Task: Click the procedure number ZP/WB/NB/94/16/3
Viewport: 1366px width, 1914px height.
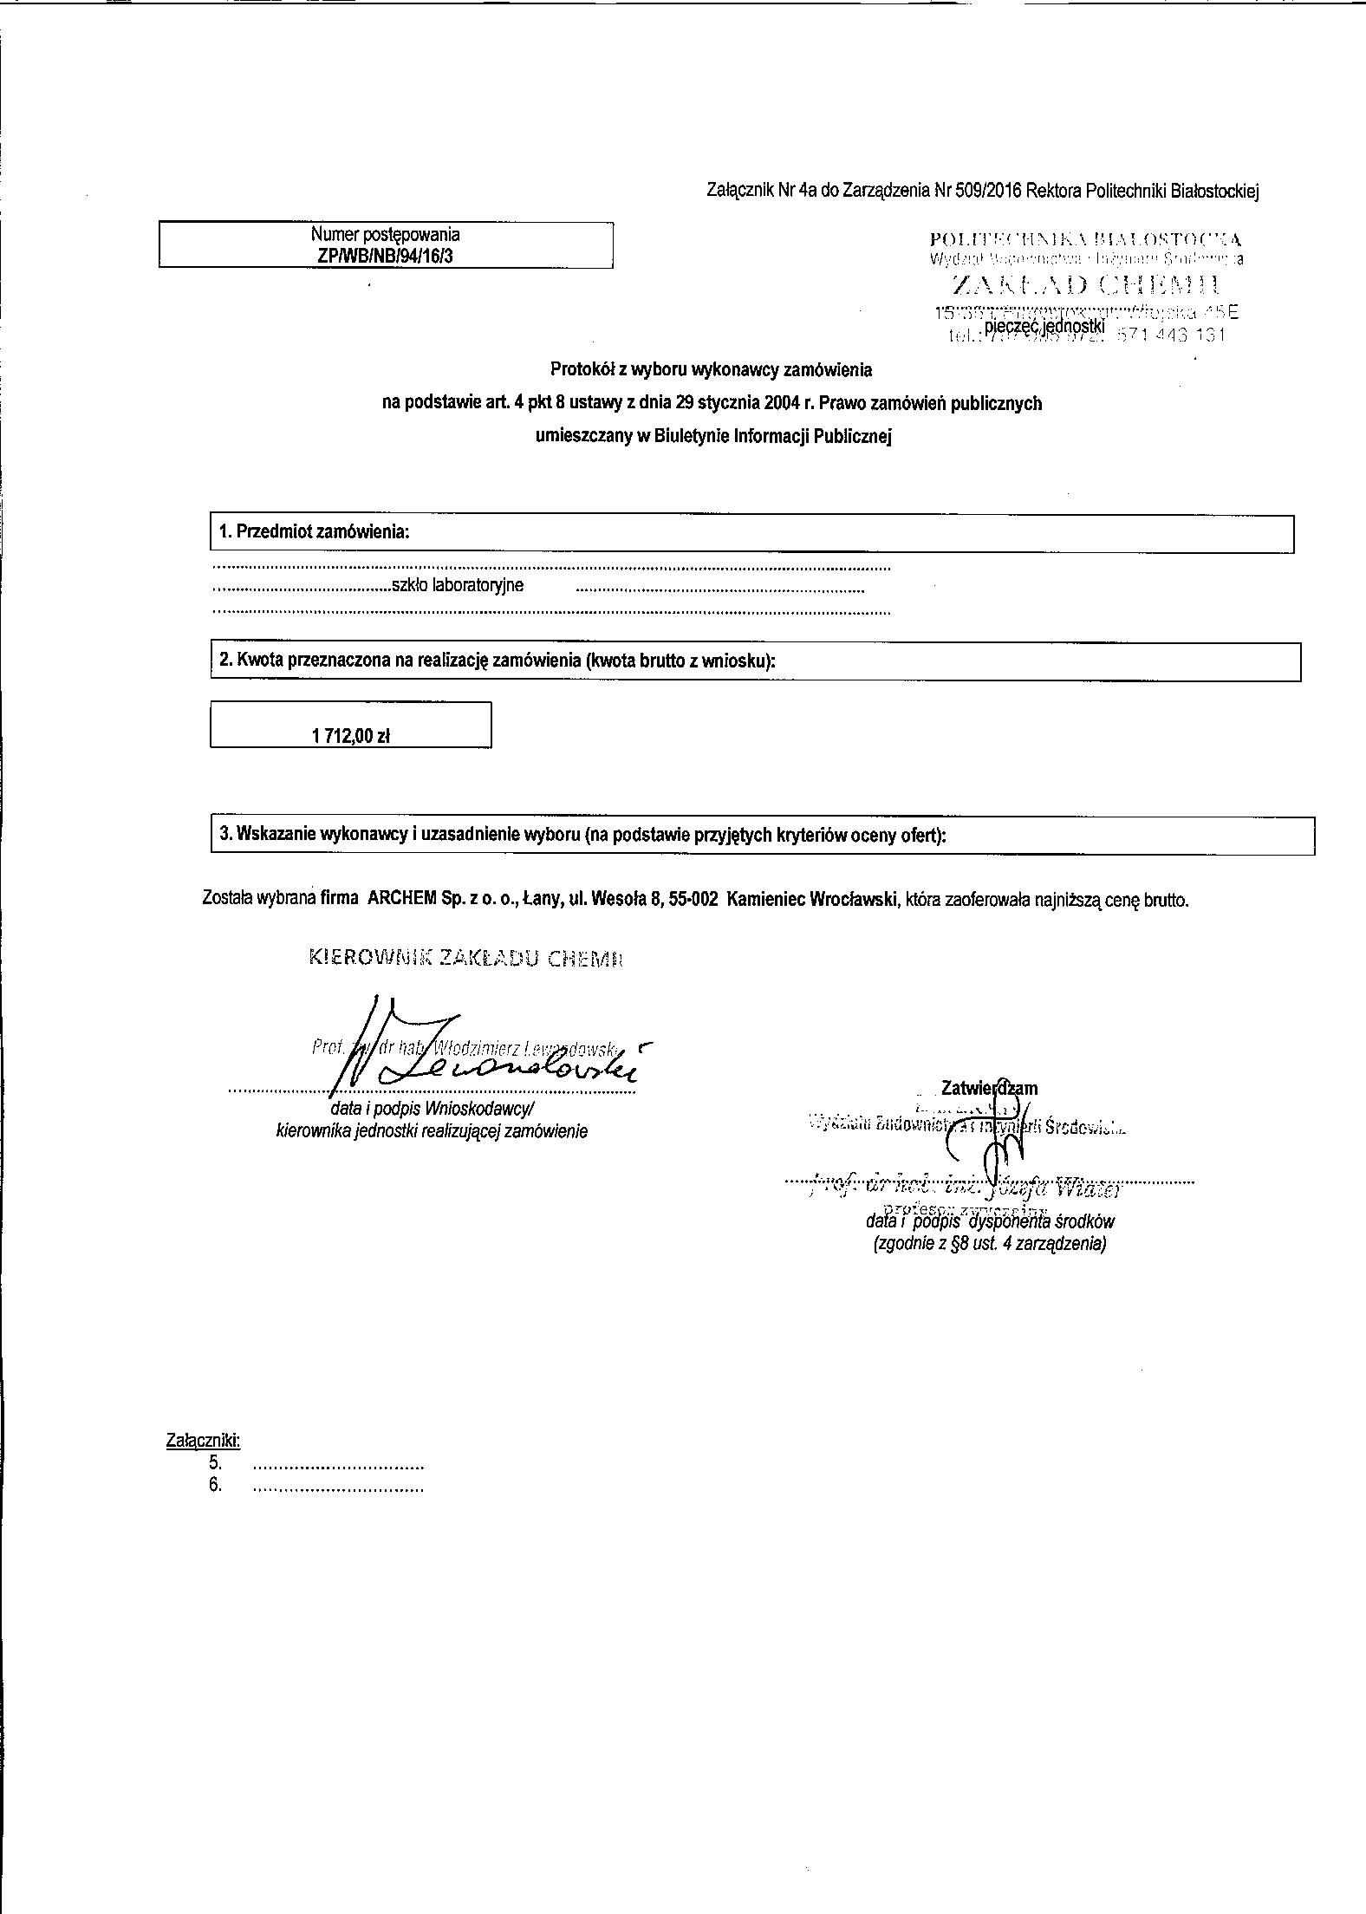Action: tap(385, 257)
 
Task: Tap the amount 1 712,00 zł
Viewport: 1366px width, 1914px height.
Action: tap(351, 736)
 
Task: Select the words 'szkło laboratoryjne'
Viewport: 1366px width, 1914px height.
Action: tap(458, 585)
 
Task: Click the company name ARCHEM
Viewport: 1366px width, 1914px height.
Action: tap(400, 899)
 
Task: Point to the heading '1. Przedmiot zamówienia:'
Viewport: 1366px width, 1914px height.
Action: tap(314, 532)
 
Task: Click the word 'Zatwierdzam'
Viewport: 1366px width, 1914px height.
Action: tap(989, 1088)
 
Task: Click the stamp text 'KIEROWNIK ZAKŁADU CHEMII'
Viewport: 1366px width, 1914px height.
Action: tap(466, 958)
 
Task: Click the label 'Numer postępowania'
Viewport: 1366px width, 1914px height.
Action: tap(385, 234)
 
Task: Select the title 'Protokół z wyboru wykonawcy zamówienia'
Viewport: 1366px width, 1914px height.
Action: tap(711, 370)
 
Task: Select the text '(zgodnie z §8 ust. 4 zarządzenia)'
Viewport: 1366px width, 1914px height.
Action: tap(989, 1244)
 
